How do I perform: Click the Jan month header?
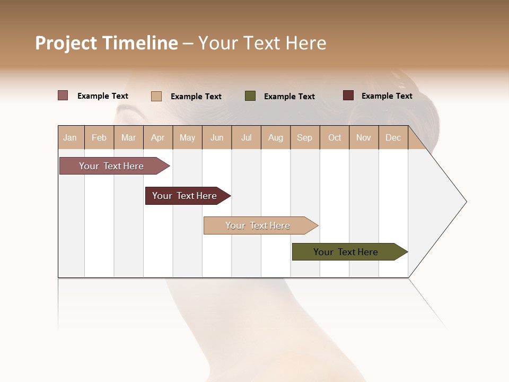point(70,137)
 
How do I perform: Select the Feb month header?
point(99,137)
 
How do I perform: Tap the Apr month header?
point(157,137)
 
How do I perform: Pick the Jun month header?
point(217,137)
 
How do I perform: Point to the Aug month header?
point(275,137)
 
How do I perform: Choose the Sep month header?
point(304,137)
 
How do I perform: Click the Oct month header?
point(335,137)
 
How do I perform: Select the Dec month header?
point(393,137)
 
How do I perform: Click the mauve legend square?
point(63,95)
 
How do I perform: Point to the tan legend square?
point(156,96)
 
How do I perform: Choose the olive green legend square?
point(250,96)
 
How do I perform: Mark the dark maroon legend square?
point(348,95)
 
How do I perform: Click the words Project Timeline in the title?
point(106,43)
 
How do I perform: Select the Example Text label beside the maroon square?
point(387,96)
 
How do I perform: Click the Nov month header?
point(363,137)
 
